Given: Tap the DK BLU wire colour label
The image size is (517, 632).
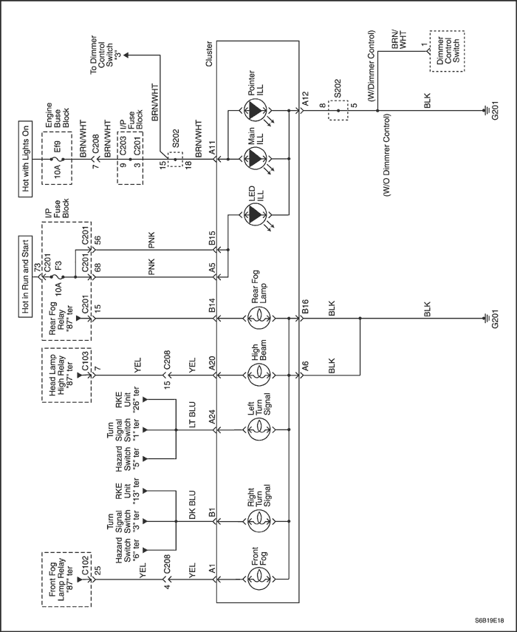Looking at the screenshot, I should coord(191,495).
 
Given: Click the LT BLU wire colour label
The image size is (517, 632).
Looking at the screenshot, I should coord(191,429).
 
